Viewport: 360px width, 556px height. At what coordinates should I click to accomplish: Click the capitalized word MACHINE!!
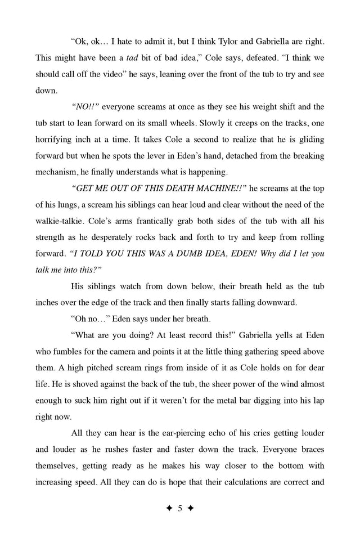[x=213, y=201]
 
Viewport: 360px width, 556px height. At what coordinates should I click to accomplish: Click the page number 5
[x=180, y=509]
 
